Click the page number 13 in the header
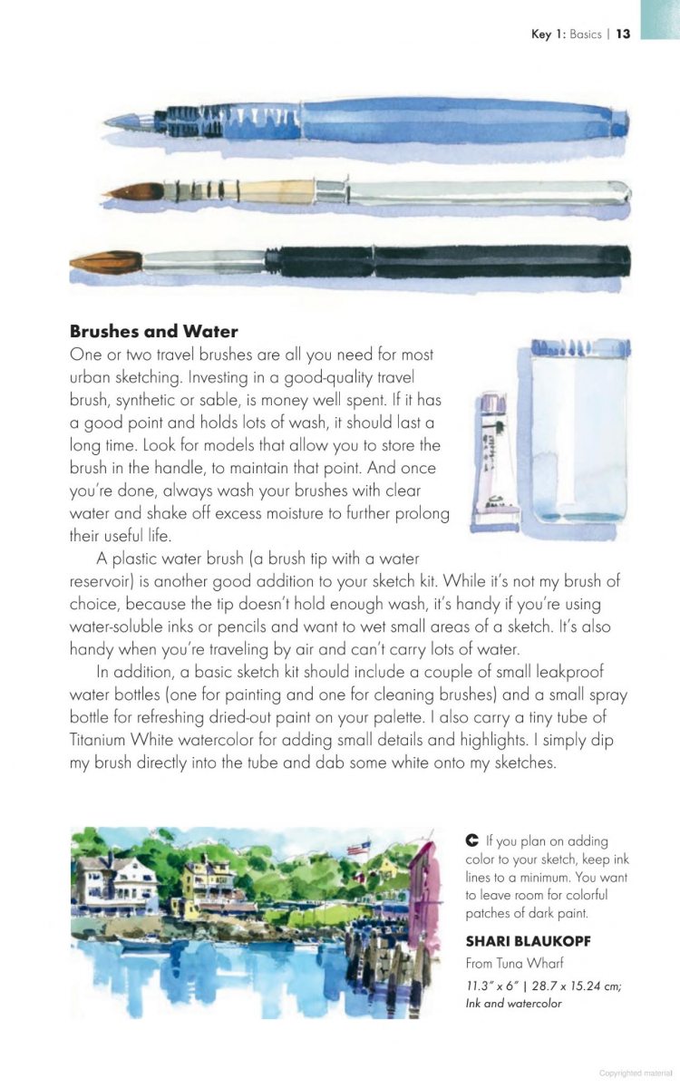623,34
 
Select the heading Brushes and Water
153,331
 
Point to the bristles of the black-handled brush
104,263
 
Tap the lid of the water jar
579,346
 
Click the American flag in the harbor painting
357,849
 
